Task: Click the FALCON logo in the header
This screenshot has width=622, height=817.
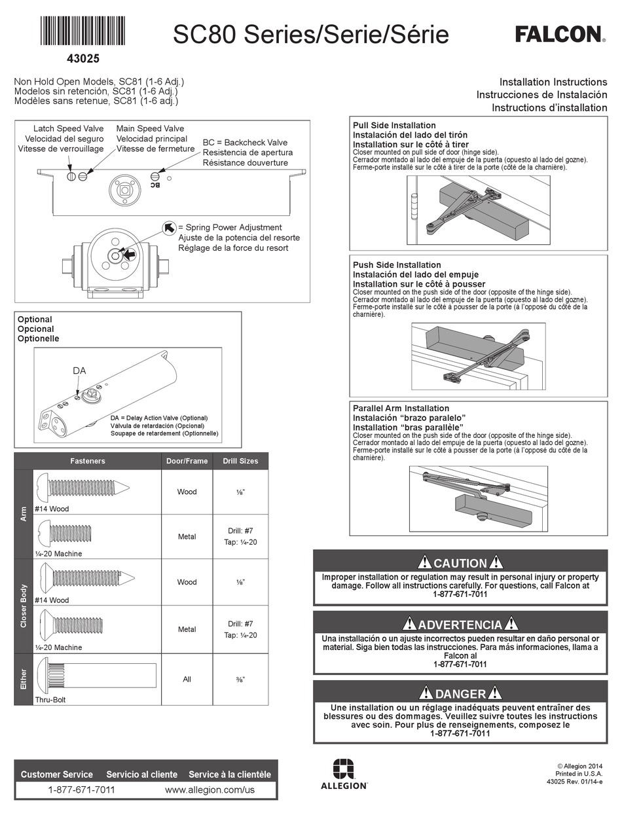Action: (560, 34)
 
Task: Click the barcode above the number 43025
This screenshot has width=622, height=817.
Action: (82, 30)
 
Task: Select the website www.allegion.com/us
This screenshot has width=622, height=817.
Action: (210, 790)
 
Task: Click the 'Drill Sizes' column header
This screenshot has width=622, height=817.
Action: (240, 461)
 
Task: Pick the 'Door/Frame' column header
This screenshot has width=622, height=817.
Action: (187, 461)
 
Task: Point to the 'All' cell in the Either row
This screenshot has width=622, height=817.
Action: (187, 680)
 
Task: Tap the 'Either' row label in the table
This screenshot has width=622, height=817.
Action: (23, 680)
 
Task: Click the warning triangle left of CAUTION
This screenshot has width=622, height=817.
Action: (424, 562)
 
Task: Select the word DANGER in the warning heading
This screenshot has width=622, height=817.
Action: (460, 694)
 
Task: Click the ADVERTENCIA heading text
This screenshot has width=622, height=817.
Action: (460, 625)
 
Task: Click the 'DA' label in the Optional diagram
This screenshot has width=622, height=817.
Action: (79, 371)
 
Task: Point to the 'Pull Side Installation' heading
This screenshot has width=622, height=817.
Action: (394, 125)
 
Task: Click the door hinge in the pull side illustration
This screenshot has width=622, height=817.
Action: (413, 205)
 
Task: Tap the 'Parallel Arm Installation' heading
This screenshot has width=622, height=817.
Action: (401, 408)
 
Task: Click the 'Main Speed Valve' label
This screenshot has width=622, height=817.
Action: (150, 128)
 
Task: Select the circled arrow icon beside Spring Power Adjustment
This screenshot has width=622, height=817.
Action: (169, 227)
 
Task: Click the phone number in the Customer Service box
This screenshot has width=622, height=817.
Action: (81, 790)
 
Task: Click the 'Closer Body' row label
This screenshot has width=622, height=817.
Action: (23, 606)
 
